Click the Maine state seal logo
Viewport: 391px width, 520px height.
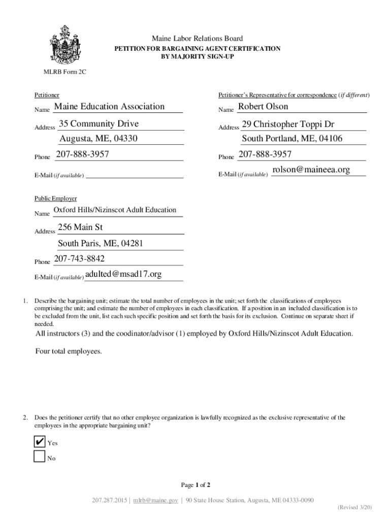point(64,44)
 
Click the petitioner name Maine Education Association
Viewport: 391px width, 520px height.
point(109,107)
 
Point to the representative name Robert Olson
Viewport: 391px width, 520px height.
point(263,107)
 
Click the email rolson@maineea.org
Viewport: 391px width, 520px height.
point(311,170)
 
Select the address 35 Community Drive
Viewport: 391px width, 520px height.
point(99,124)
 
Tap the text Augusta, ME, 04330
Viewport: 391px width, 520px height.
point(99,139)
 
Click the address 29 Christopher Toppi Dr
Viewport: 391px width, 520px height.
point(288,124)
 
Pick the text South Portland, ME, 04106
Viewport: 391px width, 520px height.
point(292,139)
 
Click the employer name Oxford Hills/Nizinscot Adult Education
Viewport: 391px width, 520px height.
point(115,210)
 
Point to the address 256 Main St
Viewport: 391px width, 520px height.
point(80,227)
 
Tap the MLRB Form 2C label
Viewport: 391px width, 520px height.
point(64,72)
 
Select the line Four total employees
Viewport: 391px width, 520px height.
point(69,351)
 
